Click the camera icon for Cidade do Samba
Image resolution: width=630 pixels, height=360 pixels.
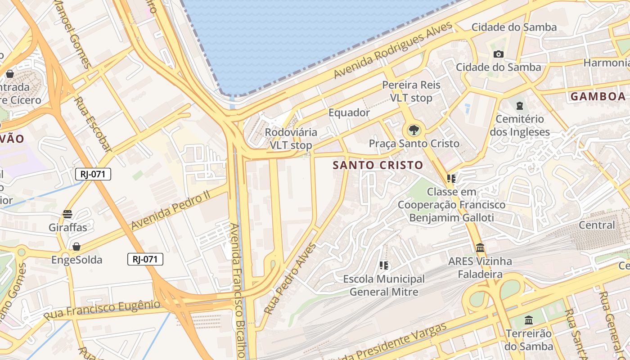coord(498,54)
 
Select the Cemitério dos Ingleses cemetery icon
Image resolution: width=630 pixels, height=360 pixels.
coord(520,106)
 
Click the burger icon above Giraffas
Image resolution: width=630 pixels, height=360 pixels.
coord(67,214)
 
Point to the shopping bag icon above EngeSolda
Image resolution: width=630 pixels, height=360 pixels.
coord(76,247)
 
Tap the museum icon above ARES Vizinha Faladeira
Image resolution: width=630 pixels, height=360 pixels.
coord(480,248)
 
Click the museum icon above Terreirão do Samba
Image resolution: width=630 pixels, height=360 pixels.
coord(529,320)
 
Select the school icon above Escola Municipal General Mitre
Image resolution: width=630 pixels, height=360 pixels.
coord(384,265)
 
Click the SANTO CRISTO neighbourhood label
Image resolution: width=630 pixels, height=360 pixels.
coord(378,165)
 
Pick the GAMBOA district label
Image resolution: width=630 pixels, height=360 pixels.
coord(598,96)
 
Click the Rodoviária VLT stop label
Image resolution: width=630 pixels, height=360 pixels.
coord(291,139)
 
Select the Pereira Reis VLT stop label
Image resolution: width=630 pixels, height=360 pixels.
coord(411,91)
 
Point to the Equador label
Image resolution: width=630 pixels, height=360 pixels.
coord(349,112)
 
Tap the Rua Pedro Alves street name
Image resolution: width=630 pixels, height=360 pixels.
coord(290,279)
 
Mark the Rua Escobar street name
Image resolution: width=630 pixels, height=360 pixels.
coord(92,124)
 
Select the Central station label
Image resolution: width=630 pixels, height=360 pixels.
coord(596,225)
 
